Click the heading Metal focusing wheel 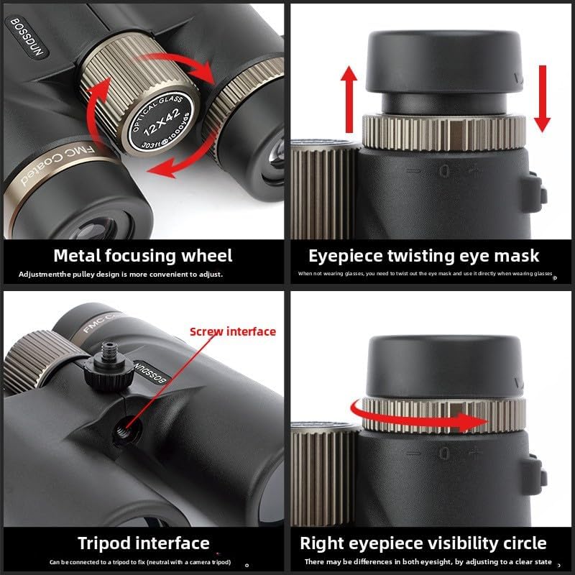point(144,256)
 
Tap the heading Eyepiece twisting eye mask point(424,256)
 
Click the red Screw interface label point(233,331)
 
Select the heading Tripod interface point(144,543)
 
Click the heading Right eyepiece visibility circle point(423,543)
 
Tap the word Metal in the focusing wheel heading point(78,256)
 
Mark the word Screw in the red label point(206,331)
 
